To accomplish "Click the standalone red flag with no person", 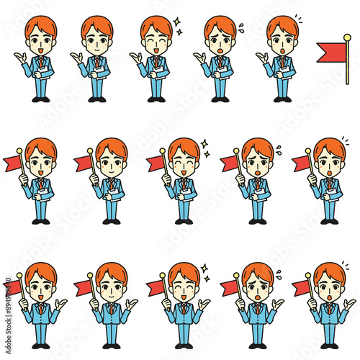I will pyautogui.click(x=330, y=51).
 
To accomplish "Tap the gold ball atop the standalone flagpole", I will pyautogui.click(x=347, y=37).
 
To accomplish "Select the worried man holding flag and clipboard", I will pyautogui.click(x=255, y=180).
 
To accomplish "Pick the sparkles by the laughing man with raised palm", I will pyautogui.click(x=204, y=272).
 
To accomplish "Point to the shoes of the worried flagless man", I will pyautogui.click(x=219, y=99).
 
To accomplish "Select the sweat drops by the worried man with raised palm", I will pyautogui.click(x=278, y=273).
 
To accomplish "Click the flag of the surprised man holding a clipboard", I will pyautogui.click(x=301, y=163).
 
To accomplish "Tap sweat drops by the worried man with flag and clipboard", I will pyautogui.click(x=278, y=149).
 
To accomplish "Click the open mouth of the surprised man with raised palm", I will pyautogui.click(x=329, y=297).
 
